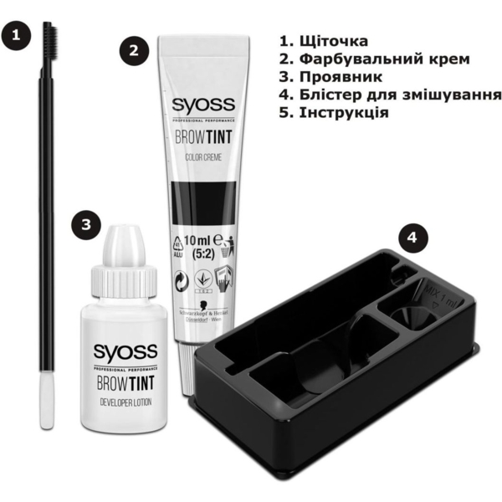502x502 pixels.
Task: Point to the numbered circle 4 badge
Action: click(x=412, y=238)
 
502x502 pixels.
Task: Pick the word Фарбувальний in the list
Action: click(x=358, y=59)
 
